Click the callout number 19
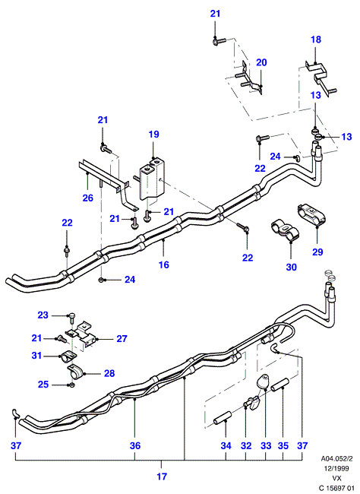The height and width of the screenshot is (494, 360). [153, 135]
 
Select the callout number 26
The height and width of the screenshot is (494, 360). [88, 198]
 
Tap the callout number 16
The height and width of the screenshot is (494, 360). [164, 264]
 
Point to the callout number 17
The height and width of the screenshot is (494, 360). [162, 477]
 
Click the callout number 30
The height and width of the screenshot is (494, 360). [292, 268]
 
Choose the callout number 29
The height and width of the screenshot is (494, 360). [317, 252]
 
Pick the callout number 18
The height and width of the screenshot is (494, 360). [316, 40]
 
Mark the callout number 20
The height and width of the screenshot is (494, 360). [261, 62]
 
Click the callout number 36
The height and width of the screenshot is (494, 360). [134, 446]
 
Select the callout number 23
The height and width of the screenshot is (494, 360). [43, 315]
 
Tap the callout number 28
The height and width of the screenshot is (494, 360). [109, 373]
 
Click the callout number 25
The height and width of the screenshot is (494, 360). [43, 385]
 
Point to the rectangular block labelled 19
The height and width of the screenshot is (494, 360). [153, 179]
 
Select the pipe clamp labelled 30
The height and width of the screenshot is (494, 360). [285, 231]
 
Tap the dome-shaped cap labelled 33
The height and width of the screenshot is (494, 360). [264, 382]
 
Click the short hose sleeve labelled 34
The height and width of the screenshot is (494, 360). [222, 417]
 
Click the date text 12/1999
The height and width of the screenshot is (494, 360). [336, 468]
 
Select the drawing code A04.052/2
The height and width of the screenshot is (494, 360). [336, 458]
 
